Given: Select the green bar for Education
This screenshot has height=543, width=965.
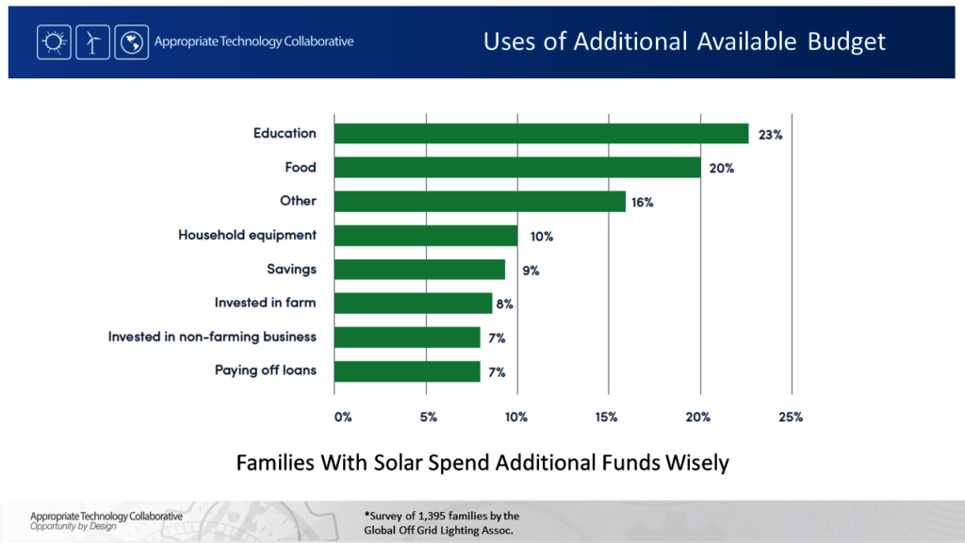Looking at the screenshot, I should pos(542,134).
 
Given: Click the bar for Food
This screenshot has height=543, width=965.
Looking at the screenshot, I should pos(517,168).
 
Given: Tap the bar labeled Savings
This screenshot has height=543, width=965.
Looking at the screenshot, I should pos(420,270).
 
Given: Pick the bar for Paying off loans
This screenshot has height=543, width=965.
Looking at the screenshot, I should pos(408,371).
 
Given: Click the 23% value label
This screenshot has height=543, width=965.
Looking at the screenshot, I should pos(770,135).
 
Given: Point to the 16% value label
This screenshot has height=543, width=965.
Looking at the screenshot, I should pos(643,203).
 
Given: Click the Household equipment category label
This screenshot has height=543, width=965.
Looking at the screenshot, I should pos(247,235).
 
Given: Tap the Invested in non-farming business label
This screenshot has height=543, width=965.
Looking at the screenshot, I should pos(212,337).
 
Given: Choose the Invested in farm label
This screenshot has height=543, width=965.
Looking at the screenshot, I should pos(266,303).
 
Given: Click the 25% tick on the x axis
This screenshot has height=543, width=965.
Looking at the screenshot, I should pos(791,417).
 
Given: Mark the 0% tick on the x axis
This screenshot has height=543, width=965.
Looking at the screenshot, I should pos(343,417).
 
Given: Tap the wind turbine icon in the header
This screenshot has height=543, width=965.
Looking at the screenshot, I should pos(92,42).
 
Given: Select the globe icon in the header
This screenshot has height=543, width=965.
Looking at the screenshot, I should pos(131,42).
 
